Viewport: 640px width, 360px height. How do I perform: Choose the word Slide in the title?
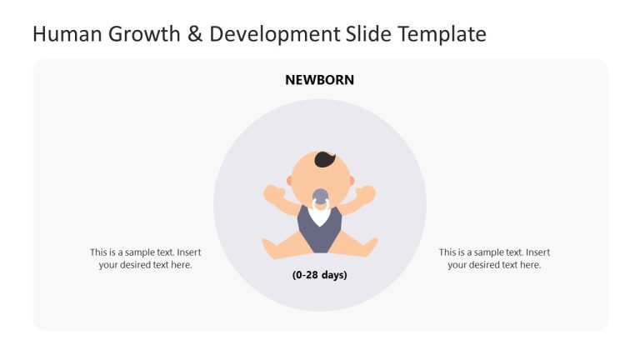(x=367, y=34)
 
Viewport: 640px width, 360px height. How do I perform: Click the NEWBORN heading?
(x=319, y=80)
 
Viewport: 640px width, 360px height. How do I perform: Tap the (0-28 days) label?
(x=319, y=275)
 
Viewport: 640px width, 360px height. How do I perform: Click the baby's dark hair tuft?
(x=325, y=160)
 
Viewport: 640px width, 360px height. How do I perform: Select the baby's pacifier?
(x=320, y=199)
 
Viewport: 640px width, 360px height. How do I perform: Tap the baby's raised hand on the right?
(x=367, y=194)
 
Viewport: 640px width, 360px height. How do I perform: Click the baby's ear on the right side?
(x=351, y=181)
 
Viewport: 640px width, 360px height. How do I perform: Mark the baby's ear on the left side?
(x=290, y=181)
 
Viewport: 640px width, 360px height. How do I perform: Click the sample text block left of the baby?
(x=145, y=258)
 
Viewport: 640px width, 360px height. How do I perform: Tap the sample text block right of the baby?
(x=494, y=258)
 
